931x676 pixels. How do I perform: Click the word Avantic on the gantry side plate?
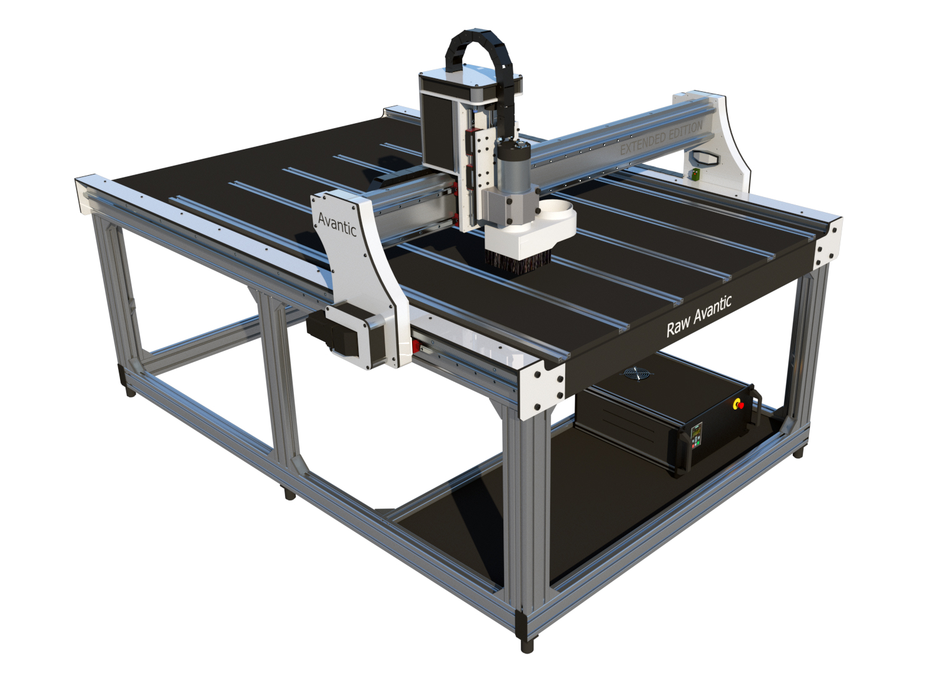click(x=336, y=224)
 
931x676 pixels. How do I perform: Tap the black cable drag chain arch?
click(x=483, y=58)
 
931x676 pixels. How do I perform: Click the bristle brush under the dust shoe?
click(x=518, y=263)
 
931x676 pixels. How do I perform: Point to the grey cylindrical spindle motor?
click(x=514, y=166)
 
